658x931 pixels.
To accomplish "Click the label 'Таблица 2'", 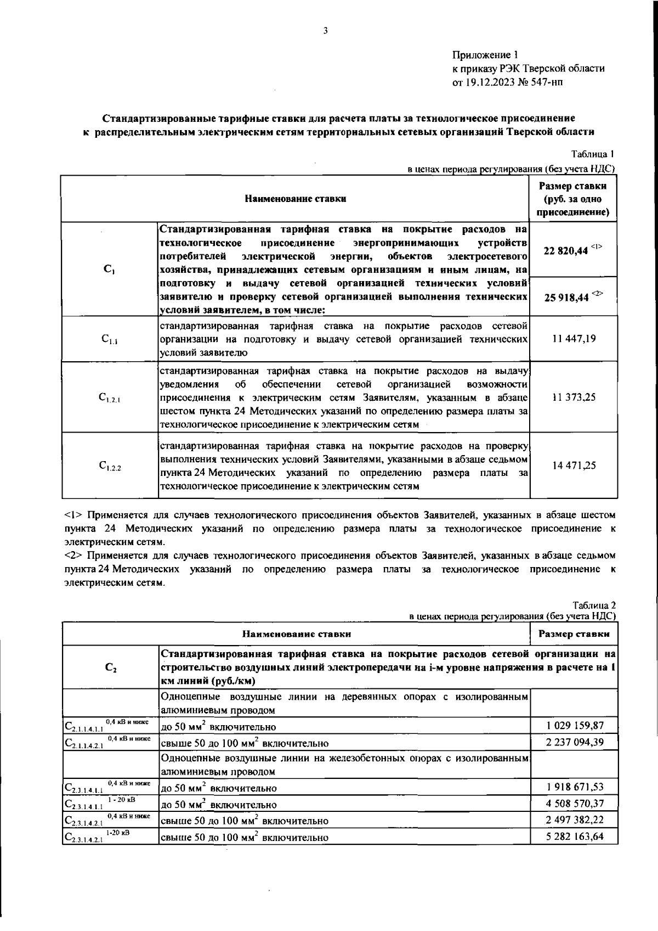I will pos(594,605).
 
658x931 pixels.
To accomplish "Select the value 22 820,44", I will pos(566,250).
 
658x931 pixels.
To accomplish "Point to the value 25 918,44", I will pos(566,297).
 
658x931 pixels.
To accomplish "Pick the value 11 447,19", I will pos(574,339).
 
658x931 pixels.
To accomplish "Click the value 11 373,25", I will pos(574,397).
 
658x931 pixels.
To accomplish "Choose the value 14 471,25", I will pos(574,466).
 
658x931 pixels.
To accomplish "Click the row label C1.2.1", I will pos(110,399).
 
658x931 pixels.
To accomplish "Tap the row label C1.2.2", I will pos(110,467).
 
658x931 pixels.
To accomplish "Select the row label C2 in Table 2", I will pos(110,668).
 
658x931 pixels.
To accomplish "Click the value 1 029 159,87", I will pos(575,725).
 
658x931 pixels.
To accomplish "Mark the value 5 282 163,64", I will pos(575,837).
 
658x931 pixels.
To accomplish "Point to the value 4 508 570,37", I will pos(575,804).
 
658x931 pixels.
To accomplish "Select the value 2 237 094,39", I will pos(575,742).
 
